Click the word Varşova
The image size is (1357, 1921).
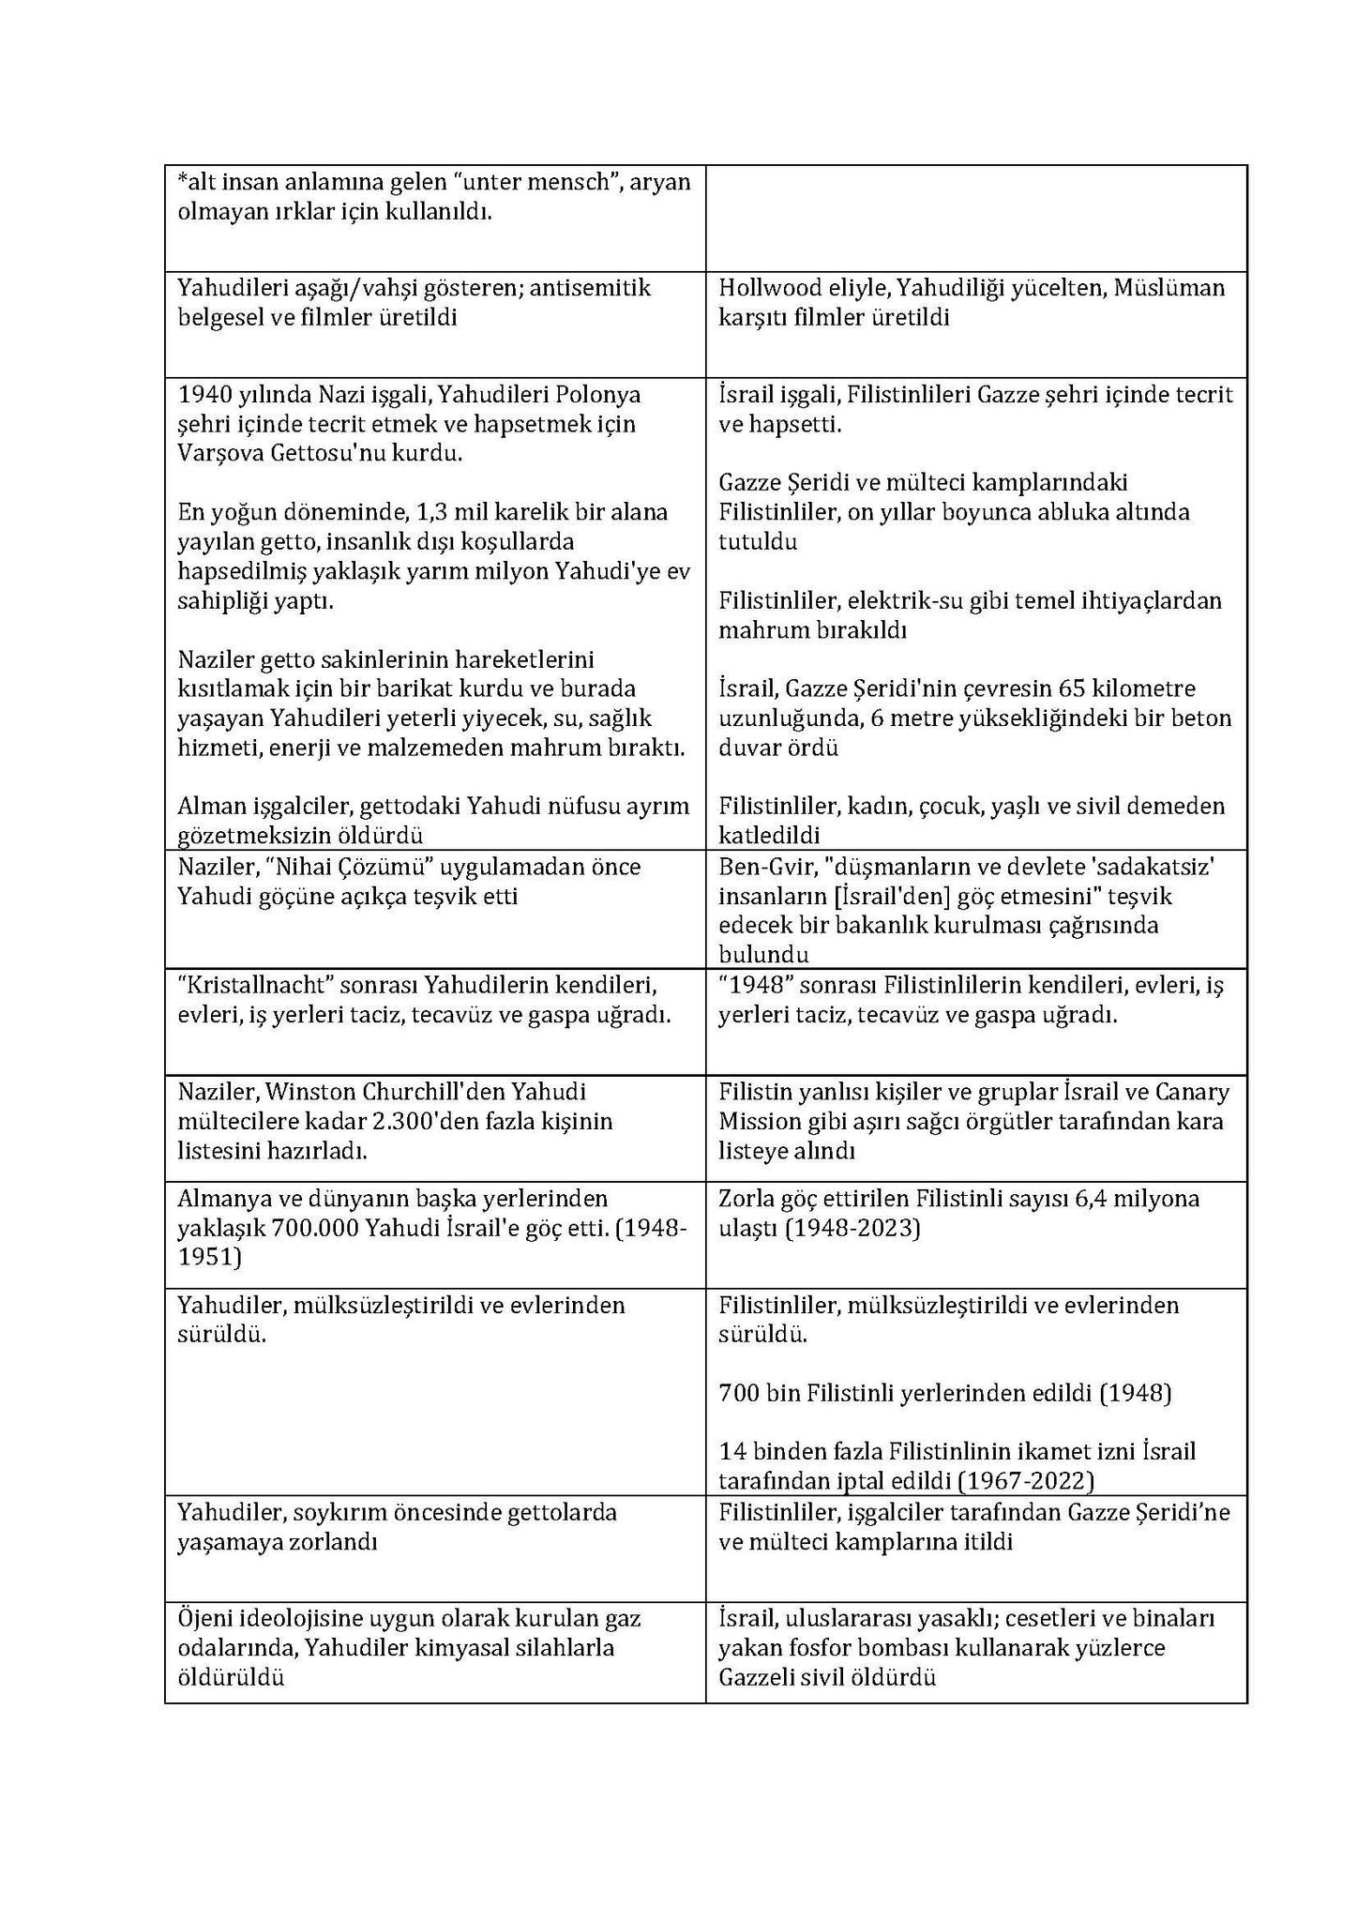219,454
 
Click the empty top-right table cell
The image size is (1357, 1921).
975,218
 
